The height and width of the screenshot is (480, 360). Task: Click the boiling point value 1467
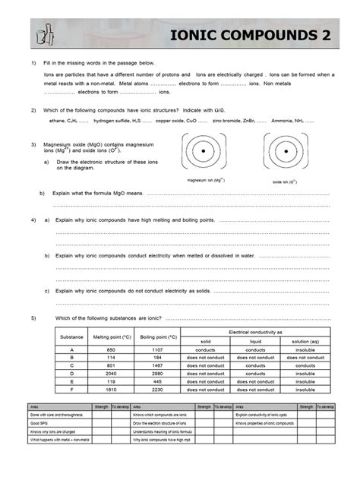(158, 365)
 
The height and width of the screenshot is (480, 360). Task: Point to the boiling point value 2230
(158, 389)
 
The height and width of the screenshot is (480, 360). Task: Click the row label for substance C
(72, 365)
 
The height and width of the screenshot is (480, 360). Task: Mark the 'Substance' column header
(72, 336)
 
